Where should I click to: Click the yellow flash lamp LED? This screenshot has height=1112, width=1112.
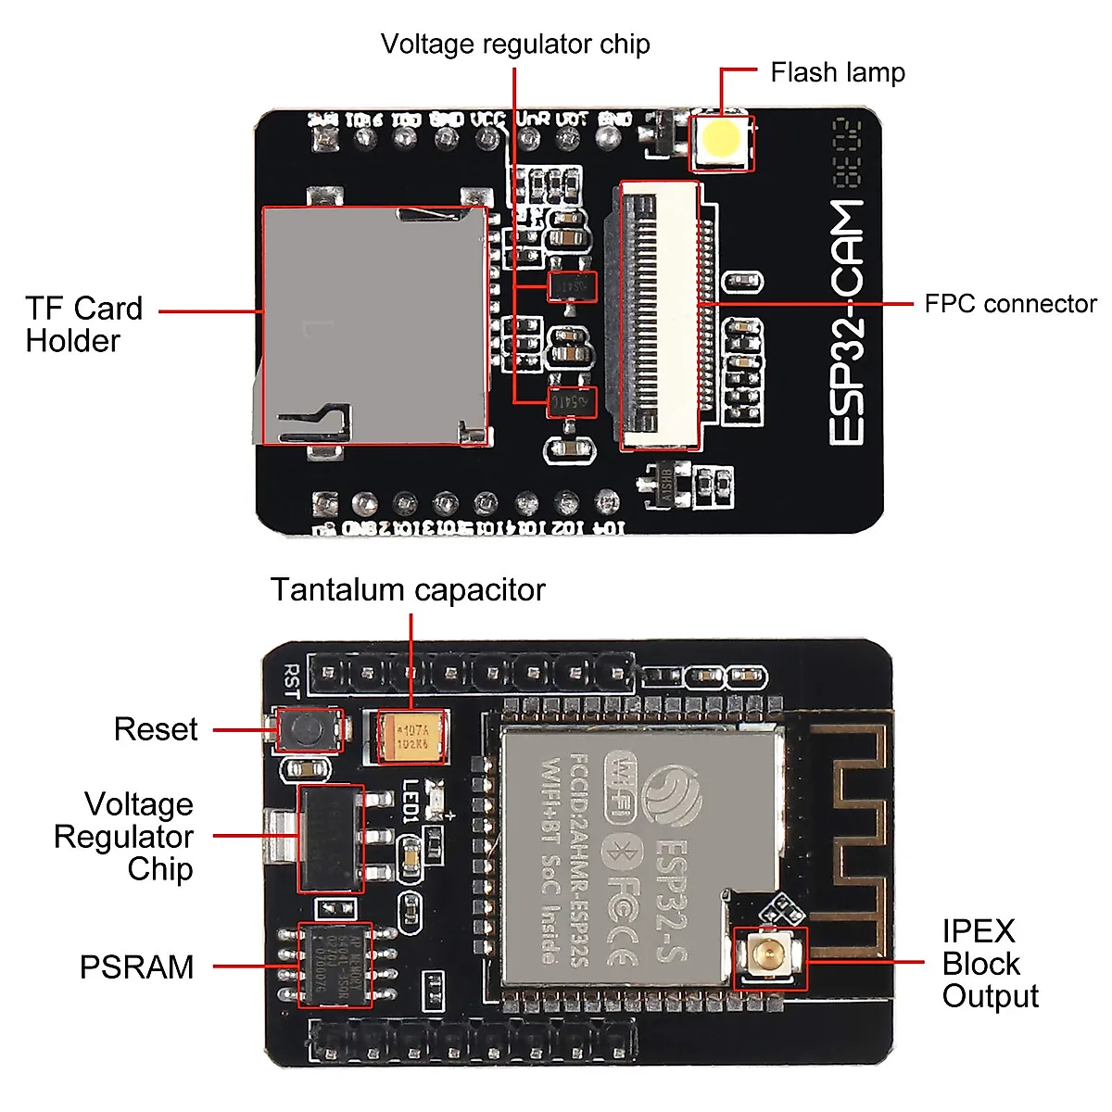(721, 140)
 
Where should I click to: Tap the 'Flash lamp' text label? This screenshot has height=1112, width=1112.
(837, 72)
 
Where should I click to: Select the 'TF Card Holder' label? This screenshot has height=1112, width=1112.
(83, 324)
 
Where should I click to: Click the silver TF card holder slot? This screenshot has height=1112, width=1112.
(374, 325)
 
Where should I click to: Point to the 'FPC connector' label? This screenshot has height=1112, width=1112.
(1010, 304)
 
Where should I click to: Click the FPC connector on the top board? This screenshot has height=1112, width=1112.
(659, 315)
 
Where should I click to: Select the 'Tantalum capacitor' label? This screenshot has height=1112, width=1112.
(408, 590)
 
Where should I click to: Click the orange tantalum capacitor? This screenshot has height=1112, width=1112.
(412, 737)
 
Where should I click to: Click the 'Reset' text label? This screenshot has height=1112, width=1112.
(156, 729)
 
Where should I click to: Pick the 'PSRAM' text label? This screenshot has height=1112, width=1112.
(137, 967)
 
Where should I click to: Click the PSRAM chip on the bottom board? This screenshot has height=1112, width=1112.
(335, 964)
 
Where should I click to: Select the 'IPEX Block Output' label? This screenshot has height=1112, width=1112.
(990, 964)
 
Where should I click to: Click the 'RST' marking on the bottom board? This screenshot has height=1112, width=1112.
(291, 679)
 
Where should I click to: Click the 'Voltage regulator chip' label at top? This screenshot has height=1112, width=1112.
(515, 44)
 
